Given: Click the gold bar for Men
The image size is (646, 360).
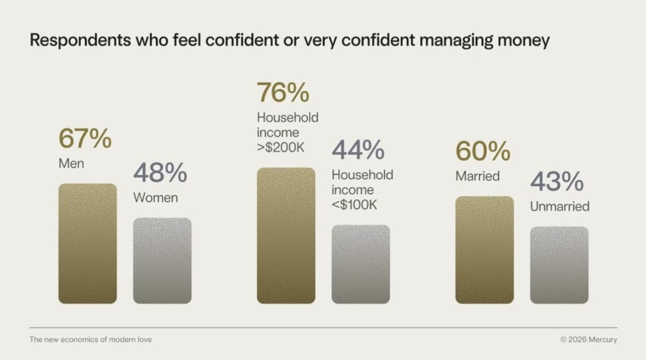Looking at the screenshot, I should pos(87,243).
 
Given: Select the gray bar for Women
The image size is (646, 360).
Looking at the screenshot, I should pos(162,260).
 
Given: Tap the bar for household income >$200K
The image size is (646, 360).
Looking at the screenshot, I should pos(286,235).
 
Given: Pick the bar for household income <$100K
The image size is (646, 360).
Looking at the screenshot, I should pos(361,264).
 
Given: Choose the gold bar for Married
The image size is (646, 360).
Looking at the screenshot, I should pos(484,250).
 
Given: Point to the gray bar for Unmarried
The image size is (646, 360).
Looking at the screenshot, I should pos(559,265).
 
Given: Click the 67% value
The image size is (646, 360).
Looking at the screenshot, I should pos(85,139).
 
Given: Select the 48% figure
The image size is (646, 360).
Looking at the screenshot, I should pos(160,173).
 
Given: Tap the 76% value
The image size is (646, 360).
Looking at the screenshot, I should pos(283,93).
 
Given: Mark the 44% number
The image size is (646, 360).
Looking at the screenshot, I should pos(358,150).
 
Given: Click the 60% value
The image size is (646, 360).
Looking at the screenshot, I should pos(483,151).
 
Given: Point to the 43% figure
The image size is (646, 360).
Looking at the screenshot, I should pos(557,182).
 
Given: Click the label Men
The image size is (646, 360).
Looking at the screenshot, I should pos(71,164).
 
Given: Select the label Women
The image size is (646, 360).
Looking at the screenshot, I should pos(156,198).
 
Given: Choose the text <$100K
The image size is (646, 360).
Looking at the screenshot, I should pos(354,205).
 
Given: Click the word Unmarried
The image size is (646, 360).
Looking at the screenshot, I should pos(559,206).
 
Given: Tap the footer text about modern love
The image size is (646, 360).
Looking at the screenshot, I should pos(91,339).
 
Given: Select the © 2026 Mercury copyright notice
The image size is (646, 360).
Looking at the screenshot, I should pos(589,339).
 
